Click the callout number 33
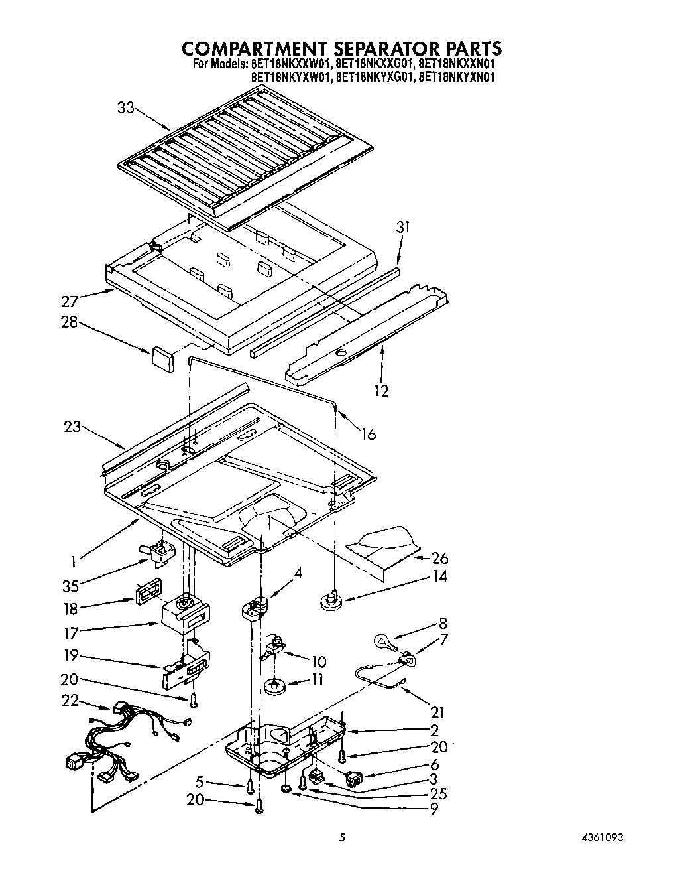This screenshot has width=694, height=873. click(x=126, y=107)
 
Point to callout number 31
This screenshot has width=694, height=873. click(x=402, y=227)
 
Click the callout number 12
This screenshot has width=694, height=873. click(x=381, y=391)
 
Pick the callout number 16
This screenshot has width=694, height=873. click(x=369, y=434)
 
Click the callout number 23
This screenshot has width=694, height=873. click(x=73, y=427)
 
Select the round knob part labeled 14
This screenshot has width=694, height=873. click(x=329, y=602)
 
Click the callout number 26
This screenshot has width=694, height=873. click(x=439, y=557)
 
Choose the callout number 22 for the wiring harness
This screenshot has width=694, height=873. click(x=70, y=701)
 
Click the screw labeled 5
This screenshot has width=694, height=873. click(x=250, y=786)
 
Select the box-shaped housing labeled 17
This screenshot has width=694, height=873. click(x=185, y=613)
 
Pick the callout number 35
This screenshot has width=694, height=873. click(x=70, y=586)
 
